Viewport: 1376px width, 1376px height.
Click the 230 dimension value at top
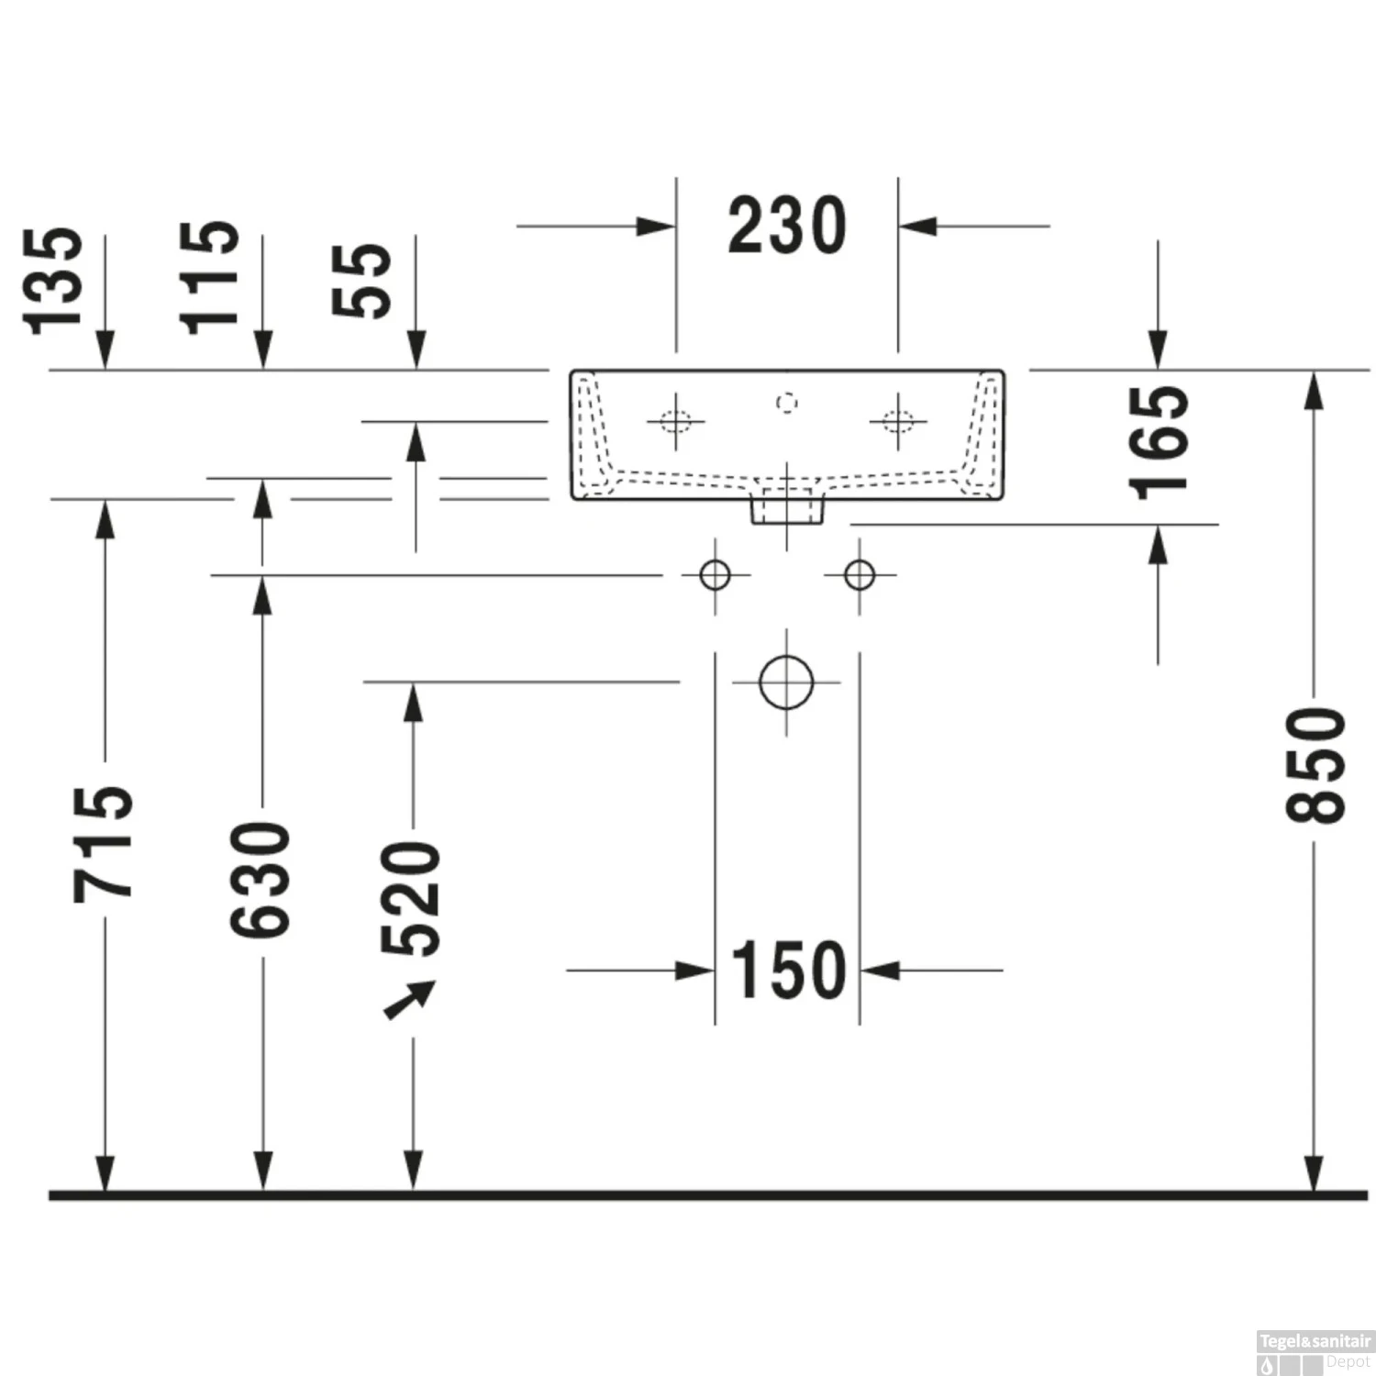click(x=787, y=226)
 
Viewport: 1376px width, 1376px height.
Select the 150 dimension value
click(x=788, y=970)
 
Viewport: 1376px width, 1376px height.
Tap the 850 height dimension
click(x=1315, y=765)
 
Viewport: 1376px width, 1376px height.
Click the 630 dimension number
click(x=261, y=880)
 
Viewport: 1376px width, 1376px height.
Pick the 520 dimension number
click(x=412, y=898)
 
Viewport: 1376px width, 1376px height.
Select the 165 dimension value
click(x=1159, y=442)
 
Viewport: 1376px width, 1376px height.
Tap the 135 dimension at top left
click(x=53, y=281)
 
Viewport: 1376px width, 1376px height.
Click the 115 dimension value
click(x=210, y=277)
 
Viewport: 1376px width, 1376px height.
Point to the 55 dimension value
click(x=362, y=281)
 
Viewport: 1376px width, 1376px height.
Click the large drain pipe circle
click(x=786, y=682)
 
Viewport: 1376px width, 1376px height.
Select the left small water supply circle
click(x=715, y=575)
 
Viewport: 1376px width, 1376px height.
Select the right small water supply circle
click(x=860, y=575)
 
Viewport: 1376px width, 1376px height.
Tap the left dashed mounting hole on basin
click(x=675, y=422)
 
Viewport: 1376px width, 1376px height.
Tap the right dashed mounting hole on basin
click(x=898, y=422)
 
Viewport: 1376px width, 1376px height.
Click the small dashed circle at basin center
click(x=786, y=403)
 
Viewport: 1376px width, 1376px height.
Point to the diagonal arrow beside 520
click(x=409, y=1000)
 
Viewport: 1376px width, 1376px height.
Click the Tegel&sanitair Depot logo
click(x=1315, y=1352)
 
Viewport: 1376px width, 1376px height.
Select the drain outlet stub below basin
click(x=787, y=510)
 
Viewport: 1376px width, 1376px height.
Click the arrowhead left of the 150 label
click(x=694, y=970)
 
